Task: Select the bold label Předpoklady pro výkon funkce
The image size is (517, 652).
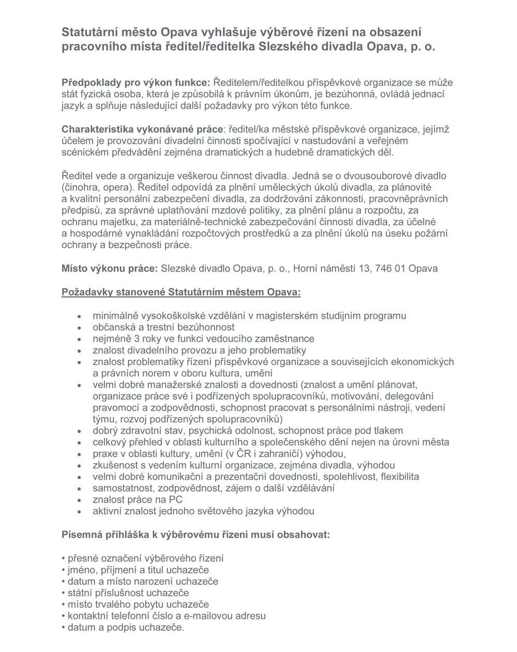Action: tap(136, 82)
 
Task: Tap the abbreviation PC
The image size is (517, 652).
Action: tap(176, 499)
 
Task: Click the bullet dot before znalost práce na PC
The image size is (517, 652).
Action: tap(79, 500)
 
